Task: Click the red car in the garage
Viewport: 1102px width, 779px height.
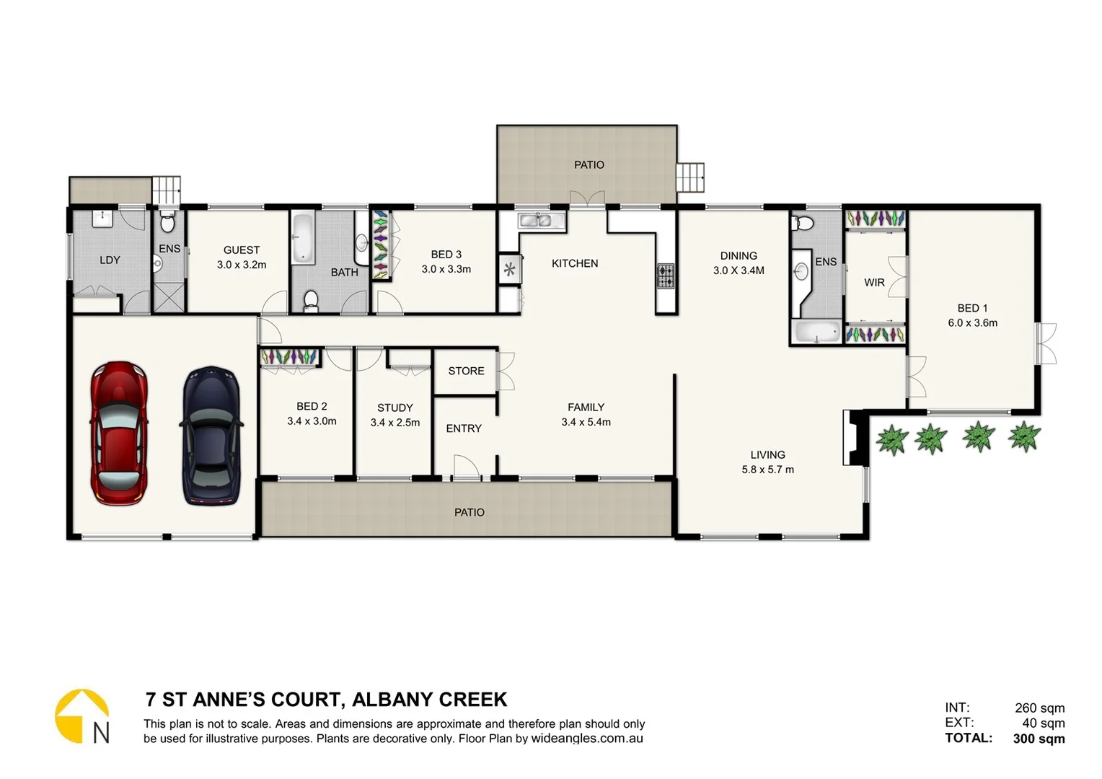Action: tap(119, 433)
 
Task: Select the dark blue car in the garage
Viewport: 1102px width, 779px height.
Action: tap(211, 436)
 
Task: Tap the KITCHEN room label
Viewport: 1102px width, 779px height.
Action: tap(574, 264)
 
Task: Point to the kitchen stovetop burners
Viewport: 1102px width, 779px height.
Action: tap(665, 276)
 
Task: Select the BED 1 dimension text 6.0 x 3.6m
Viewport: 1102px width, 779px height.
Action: tap(972, 323)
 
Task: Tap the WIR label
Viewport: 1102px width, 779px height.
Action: tap(874, 283)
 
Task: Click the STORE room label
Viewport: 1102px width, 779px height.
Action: tap(466, 371)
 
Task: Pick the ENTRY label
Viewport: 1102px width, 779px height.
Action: tap(463, 428)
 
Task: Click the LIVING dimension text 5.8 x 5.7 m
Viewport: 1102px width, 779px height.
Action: tap(767, 470)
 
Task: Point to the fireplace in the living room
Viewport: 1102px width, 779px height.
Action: tap(852, 438)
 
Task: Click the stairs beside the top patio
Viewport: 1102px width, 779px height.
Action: tap(689, 177)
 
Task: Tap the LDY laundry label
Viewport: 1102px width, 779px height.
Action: tap(110, 260)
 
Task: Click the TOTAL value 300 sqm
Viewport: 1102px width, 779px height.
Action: tap(1039, 739)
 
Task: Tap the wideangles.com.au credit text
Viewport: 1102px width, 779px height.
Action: tap(587, 739)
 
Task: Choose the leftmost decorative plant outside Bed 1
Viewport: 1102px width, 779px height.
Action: tap(891, 439)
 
